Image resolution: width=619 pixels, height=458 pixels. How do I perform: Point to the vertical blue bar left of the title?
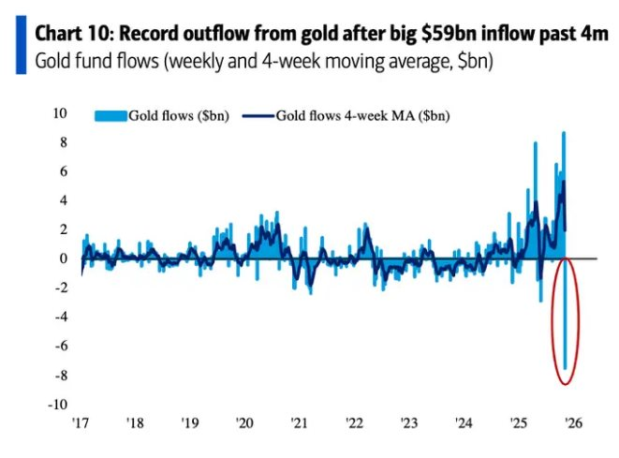point(19,46)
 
